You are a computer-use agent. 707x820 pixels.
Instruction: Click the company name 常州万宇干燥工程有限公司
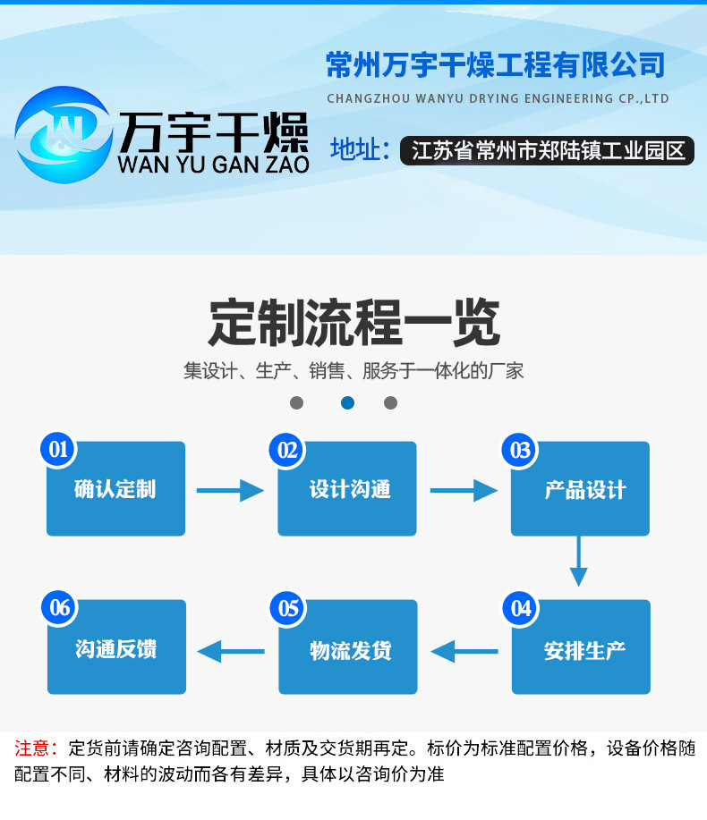[496, 65]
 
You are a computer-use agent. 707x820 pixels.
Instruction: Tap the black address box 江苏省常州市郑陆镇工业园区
[548, 150]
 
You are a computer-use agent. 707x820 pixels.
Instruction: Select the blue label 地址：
[359, 149]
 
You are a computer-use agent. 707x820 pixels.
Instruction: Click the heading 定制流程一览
[353, 322]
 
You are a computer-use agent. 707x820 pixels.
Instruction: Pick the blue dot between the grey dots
[347, 402]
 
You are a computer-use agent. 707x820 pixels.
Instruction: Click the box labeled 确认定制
[115, 489]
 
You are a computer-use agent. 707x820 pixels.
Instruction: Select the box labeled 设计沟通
[347, 489]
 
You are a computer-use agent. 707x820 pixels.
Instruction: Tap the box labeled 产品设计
[580, 489]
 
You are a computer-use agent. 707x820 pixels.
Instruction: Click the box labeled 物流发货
[348, 647]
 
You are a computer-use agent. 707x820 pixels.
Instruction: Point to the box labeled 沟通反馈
[116, 647]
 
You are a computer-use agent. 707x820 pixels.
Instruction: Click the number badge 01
[59, 449]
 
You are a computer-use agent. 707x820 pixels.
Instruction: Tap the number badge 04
[521, 609]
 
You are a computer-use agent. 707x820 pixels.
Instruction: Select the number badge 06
[60, 609]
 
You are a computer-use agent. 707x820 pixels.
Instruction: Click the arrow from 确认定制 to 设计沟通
[230, 490]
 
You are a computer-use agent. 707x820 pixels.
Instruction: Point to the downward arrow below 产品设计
[579, 561]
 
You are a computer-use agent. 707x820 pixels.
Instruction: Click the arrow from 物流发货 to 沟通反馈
[231, 651]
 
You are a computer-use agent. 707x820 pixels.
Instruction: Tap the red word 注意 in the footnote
[32, 748]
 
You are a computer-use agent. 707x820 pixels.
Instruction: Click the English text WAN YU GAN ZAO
[213, 165]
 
